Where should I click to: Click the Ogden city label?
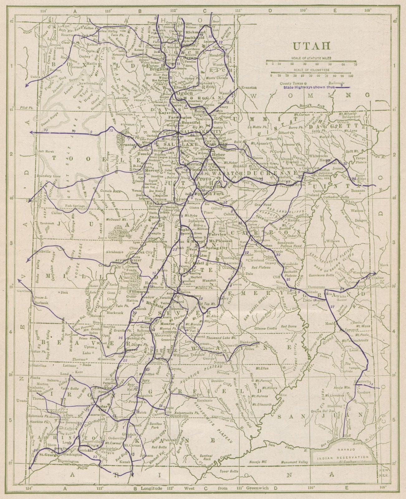[176, 93]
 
